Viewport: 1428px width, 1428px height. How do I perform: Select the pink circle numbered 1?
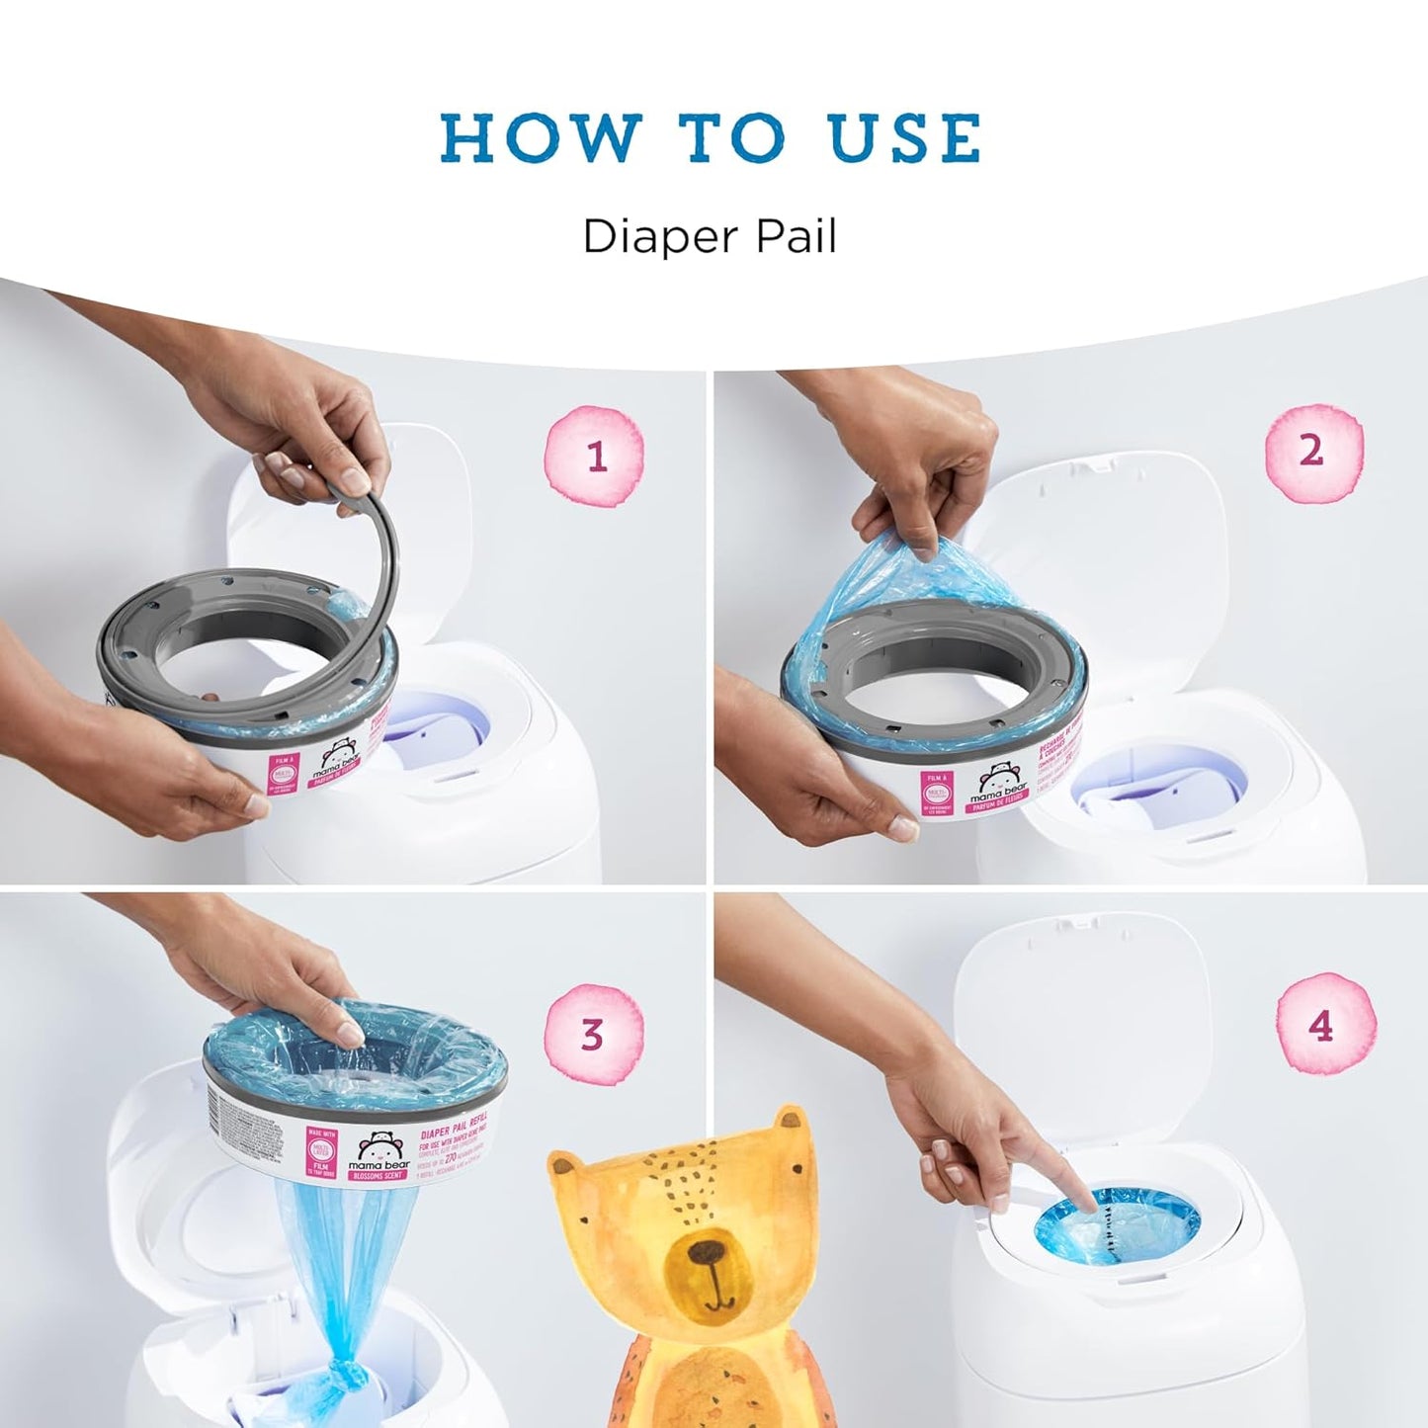pyautogui.click(x=595, y=456)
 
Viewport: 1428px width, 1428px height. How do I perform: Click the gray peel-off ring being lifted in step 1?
pyautogui.click(x=383, y=553)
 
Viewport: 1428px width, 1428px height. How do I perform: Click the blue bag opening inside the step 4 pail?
pyautogui.click(x=1117, y=1230)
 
